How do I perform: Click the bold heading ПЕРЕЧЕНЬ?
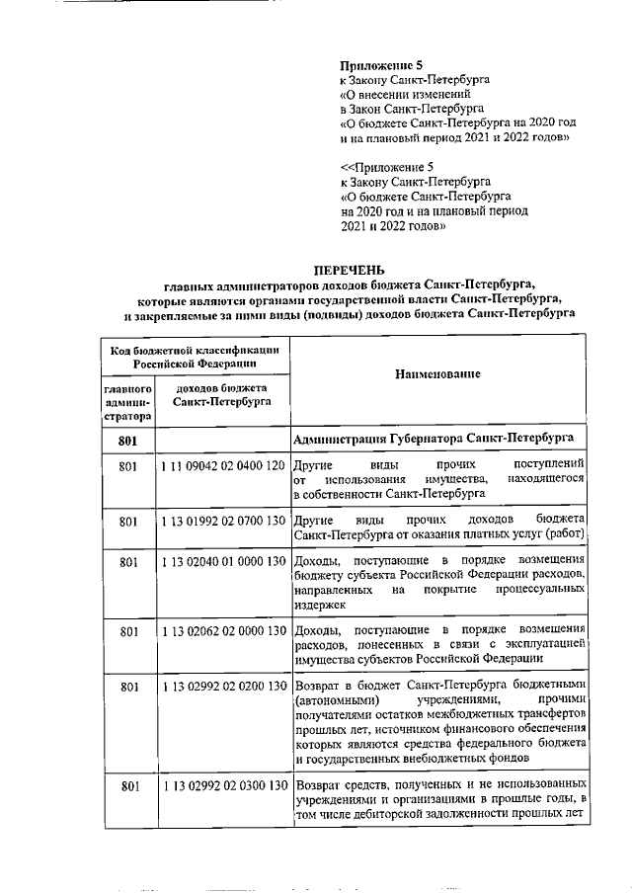coord(349,271)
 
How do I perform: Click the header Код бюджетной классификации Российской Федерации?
coord(194,357)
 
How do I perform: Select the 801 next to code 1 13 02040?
coord(126,562)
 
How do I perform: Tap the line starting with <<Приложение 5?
coord(380,168)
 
